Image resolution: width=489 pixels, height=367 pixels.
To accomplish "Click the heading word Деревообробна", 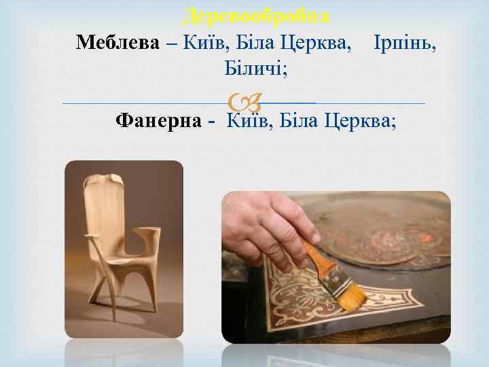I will [257, 14].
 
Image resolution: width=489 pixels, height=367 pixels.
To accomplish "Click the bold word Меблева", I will [118, 43].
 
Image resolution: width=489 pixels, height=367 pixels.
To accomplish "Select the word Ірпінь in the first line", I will [405, 43].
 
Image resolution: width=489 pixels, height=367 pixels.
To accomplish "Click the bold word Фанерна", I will [158, 120].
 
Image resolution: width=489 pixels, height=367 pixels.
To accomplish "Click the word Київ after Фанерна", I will [247, 120].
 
